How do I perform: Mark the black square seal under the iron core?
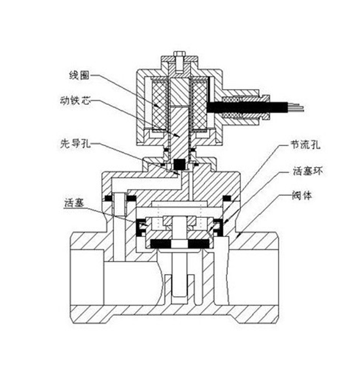[x=180, y=164]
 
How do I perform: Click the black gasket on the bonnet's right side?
[x=228, y=198]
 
